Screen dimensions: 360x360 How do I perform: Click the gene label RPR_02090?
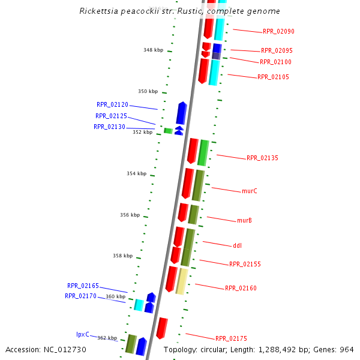[x=278, y=31]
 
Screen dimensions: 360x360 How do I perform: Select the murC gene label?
[x=250, y=191]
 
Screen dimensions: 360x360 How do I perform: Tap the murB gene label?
[x=244, y=220]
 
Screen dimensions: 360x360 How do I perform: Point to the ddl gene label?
[x=237, y=245]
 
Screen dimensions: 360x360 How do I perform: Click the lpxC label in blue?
[x=83, y=334]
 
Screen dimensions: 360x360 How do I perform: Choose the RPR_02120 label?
[x=112, y=104]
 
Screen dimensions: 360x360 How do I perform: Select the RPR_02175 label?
[x=231, y=338]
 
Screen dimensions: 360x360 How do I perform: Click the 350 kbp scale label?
[x=148, y=91]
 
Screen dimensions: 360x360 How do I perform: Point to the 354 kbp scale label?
[x=136, y=173]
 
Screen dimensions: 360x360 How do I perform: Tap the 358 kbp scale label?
[x=122, y=256]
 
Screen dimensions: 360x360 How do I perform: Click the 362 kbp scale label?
[x=107, y=338]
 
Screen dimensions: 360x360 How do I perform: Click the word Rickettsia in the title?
[x=97, y=11]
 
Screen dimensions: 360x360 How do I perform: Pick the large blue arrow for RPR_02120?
[x=181, y=113]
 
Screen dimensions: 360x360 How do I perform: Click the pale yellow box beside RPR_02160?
[x=181, y=281]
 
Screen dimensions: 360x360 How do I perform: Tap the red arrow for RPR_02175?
[x=161, y=328]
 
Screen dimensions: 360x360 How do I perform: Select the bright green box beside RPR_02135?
[x=203, y=152]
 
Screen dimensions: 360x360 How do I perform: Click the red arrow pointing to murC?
[x=188, y=183]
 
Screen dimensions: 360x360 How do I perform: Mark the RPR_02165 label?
[x=83, y=286]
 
